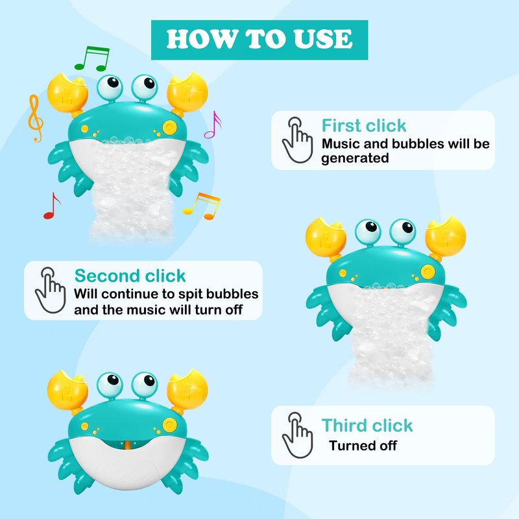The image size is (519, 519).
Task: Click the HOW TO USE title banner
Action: tap(259, 40)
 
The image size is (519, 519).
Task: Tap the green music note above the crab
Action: tap(92, 58)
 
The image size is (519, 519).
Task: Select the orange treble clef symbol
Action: tap(36, 118)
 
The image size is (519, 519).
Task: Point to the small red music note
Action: tap(52, 206)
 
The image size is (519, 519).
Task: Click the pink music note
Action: tap(213, 125)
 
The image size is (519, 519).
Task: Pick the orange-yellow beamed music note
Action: tap(202, 206)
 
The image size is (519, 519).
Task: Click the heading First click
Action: tap(364, 125)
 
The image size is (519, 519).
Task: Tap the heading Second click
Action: tap(130, 276)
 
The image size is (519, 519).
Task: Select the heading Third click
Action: tap(367, 426)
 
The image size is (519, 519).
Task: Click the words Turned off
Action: tap(363, 446)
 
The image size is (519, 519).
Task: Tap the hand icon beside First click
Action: tap(297, 140)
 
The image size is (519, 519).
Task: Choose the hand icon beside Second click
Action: tap(51, 290)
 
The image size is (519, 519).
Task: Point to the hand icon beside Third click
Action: tap(297, 435)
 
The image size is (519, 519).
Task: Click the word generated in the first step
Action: tap(355, 158)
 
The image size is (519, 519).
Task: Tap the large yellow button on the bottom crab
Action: tap(169, 425)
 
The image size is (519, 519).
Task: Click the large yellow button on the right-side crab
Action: tap(428, 272)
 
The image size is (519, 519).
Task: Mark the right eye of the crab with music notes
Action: tap(145, 88)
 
